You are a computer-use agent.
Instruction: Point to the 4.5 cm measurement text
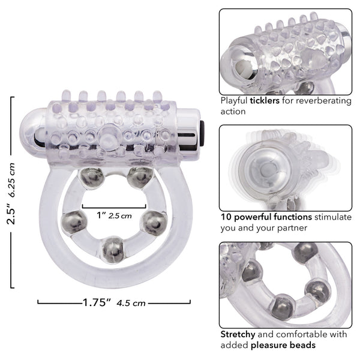pos(131,303)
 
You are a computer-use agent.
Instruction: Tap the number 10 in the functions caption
pos(226,217)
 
